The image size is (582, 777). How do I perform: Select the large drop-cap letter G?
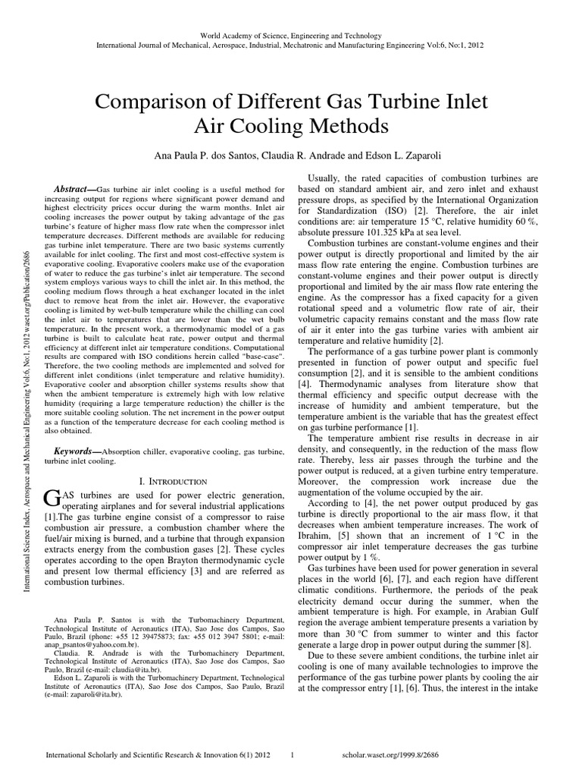[52, 499]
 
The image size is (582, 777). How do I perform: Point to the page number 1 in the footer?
[293, 757]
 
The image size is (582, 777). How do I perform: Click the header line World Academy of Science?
[290, 36]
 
